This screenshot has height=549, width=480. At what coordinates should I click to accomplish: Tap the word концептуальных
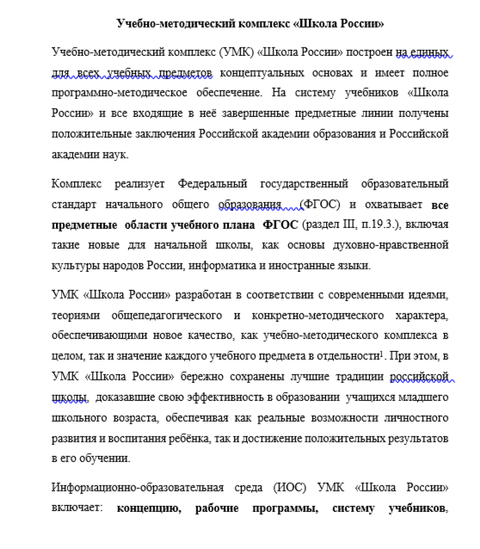(x=260, y=73)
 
